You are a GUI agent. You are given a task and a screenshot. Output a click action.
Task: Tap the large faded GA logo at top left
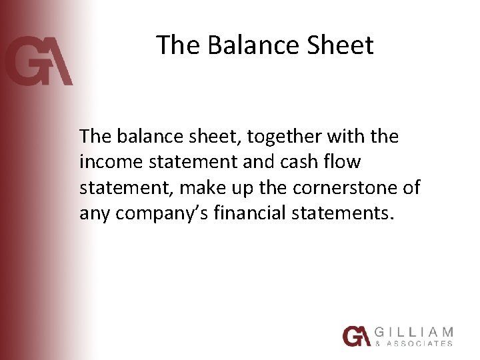(38, 62)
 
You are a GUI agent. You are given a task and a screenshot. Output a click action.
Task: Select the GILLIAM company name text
(413, 331)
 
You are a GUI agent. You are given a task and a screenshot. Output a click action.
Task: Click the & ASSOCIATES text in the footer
(413, 343)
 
